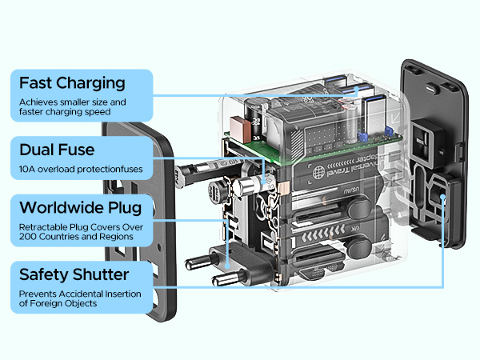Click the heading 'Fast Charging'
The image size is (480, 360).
72,83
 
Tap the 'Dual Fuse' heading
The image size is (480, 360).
58,150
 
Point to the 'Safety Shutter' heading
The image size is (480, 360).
74,274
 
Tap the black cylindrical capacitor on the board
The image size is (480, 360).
254,118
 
